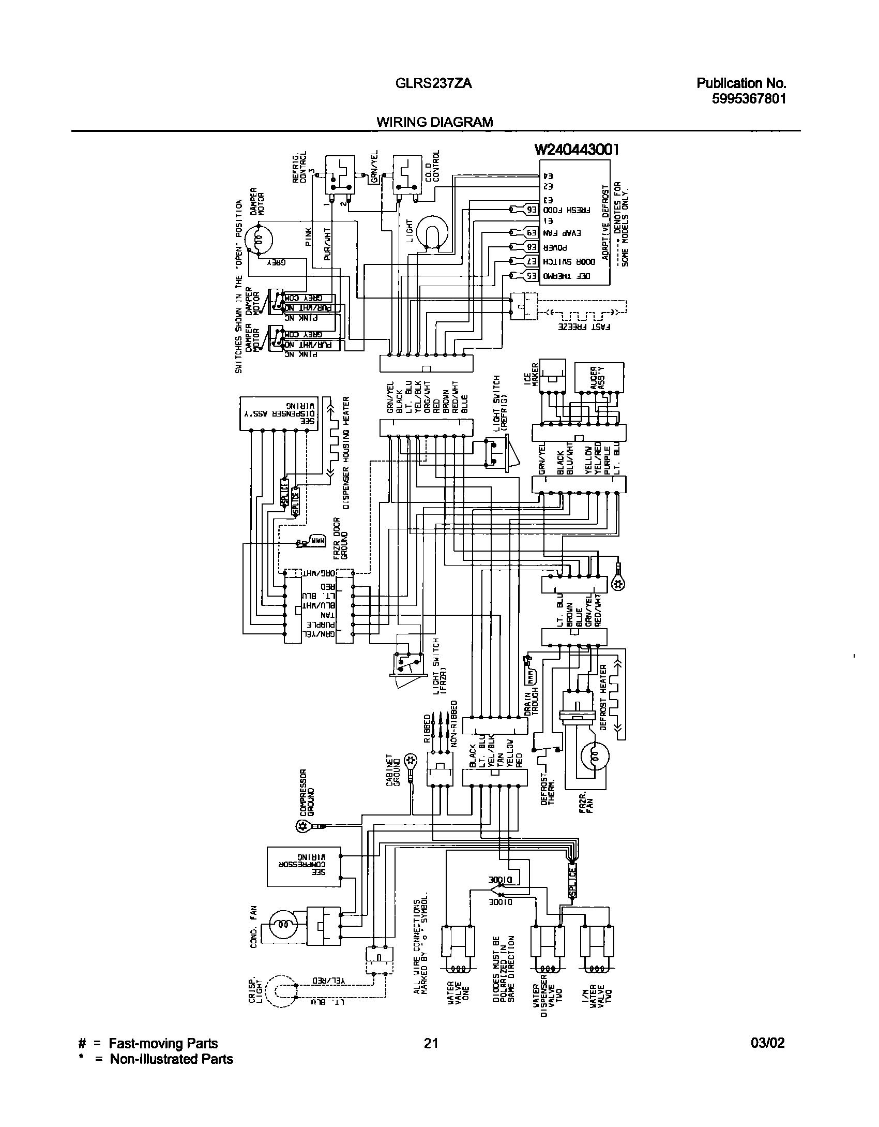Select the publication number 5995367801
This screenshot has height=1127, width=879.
[749, 98]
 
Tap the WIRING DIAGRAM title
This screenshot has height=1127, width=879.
[434, 122]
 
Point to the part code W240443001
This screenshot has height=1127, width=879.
[576, 150]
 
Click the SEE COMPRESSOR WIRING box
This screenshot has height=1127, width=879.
[304, 866]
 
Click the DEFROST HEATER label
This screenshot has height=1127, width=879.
[603, 698]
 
